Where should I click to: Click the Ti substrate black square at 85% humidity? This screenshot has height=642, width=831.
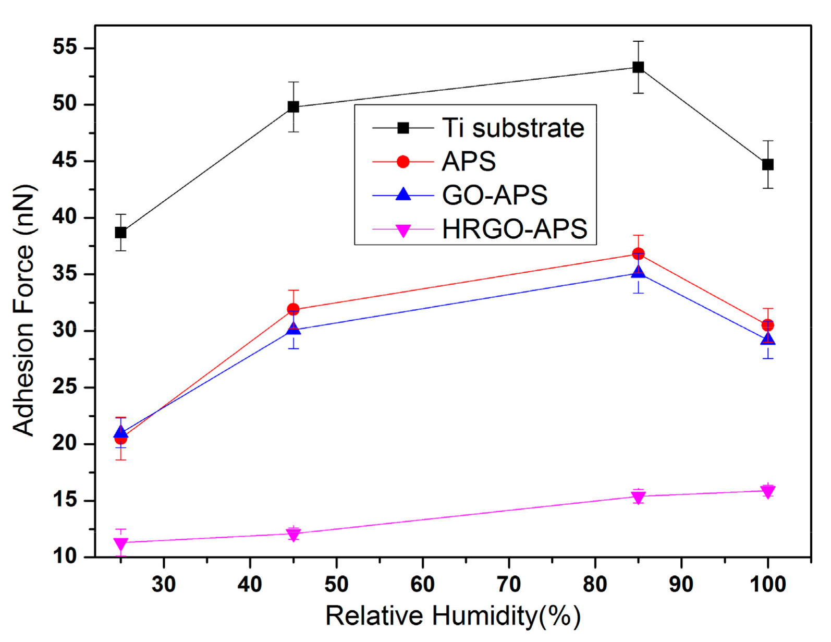pos(638,67)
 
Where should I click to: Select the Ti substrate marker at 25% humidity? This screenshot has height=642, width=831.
pos(120,233)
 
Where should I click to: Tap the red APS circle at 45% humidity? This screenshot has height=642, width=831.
pos(294,309)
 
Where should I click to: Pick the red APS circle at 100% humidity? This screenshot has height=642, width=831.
pos(767,325)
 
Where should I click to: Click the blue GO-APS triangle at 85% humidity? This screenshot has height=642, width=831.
pos(638,272)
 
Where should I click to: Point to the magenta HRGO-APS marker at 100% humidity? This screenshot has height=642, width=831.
pos(767,491)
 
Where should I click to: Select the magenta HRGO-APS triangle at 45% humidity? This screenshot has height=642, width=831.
pos(294,535)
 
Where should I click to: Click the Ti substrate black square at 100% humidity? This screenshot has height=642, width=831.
pos(767,165)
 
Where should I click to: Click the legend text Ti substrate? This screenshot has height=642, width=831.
pos(513,128)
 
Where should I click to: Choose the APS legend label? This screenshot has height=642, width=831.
pos(469,162)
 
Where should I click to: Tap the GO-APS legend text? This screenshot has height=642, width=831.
pos(494,195)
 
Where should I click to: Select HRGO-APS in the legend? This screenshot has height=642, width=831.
pos(514,229)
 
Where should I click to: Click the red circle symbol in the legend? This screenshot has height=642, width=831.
pos(403,162)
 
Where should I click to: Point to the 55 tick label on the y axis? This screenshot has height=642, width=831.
pos(65,47)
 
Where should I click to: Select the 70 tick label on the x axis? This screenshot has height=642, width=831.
pos(508,585)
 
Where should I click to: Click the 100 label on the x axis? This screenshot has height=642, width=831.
pos(767,585)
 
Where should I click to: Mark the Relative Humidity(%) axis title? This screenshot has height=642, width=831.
pos(453,616)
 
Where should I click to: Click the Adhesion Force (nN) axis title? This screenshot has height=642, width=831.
pos(23,310)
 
